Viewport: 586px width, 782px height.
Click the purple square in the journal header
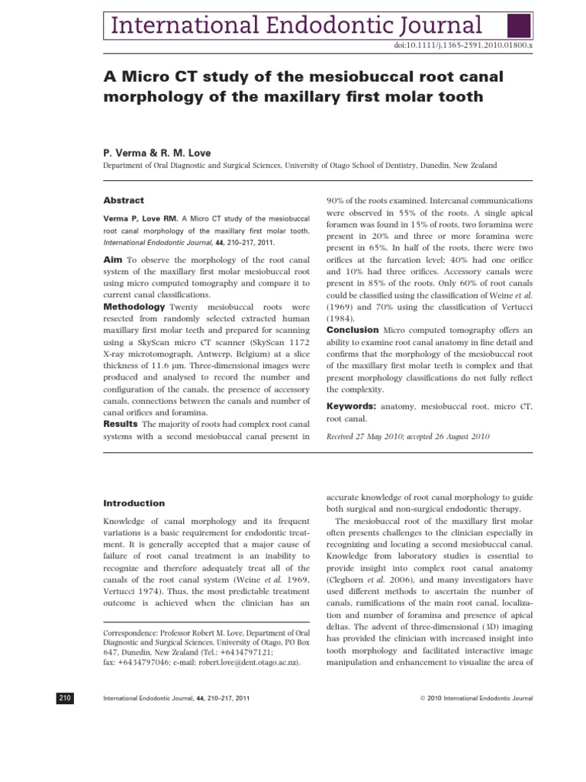520,24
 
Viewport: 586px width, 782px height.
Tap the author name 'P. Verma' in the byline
124,153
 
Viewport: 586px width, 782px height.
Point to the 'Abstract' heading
124,201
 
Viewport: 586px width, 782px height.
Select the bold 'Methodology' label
134,306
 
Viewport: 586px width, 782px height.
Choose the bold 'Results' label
120,424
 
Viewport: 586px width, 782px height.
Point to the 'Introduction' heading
134,503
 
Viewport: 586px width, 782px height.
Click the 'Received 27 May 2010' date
364,437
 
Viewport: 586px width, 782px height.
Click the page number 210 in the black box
64,698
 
